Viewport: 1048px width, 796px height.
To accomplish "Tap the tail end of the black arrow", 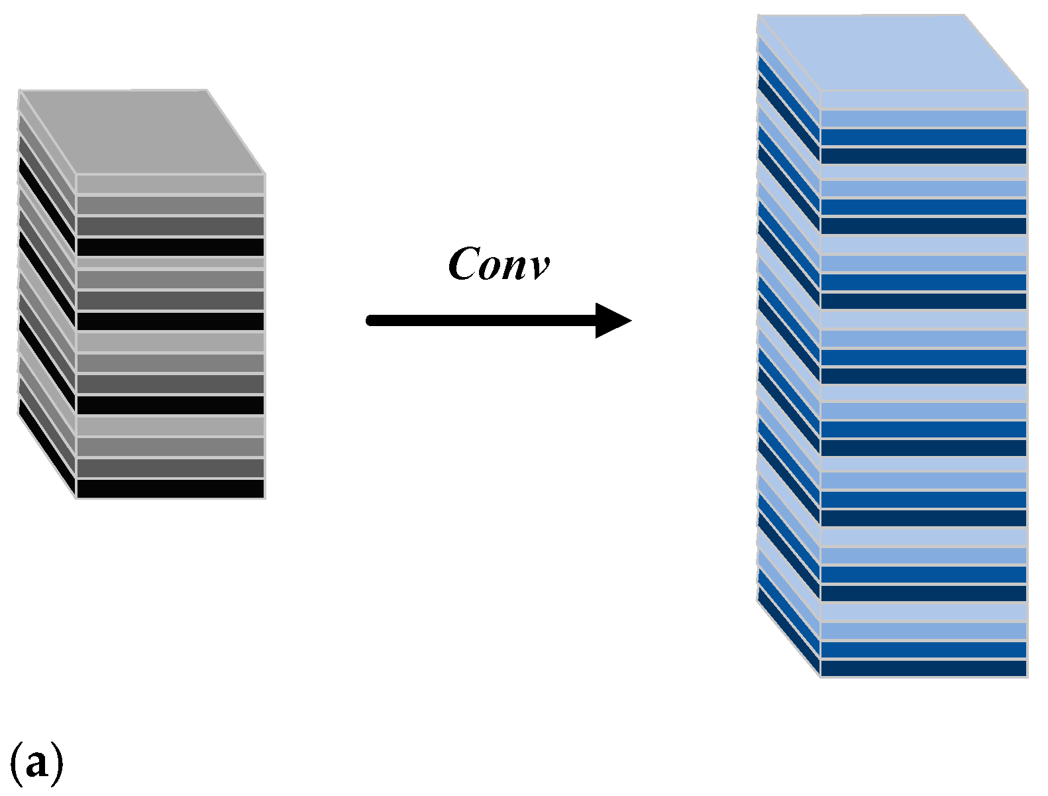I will pos(372,321).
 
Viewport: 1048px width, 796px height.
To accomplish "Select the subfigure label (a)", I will pos(36,762).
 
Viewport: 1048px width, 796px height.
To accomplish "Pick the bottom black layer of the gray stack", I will pos(171,488).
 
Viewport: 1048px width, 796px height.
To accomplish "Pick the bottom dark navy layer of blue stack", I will pos(923,668).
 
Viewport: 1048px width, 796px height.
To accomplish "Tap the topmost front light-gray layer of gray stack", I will pos(171,184).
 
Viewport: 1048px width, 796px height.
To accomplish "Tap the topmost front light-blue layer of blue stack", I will pos(923,100).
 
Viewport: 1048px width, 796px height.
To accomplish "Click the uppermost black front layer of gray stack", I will pos(171,247).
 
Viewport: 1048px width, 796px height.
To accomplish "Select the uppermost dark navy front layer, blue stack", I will pos(923,156).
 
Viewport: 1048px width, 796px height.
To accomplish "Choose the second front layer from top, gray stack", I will pos(171,205).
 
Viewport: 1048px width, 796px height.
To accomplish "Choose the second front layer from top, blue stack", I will pos(923,119).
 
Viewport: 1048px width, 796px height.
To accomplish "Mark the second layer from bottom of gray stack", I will pos(171,468).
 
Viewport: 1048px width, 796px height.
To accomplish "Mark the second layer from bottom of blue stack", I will pos(923,650).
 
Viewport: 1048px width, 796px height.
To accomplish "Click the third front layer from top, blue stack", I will pos(923,137).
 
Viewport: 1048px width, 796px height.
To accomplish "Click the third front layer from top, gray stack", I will pos(171,226).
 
